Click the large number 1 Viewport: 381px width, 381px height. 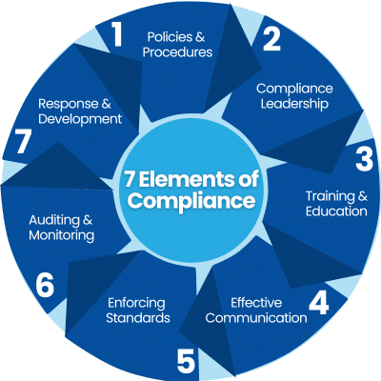pos(116,35)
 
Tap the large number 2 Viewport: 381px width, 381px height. pos(271,39)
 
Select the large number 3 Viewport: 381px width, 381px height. pos(364,159)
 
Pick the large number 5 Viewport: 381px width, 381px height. pos(186,361)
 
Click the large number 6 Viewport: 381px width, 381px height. pos(45,286)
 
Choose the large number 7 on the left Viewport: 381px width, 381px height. pos(23,142)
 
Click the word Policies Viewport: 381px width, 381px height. pos(170,37)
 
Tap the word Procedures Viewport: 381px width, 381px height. pos(177,52)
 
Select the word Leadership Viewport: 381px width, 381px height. pos(294,104)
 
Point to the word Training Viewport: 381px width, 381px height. pos(330,196)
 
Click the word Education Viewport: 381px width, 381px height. pos(336,211)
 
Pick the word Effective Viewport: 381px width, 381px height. pos(256,303)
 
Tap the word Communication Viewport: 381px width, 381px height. pos(256,318)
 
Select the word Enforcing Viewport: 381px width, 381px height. pos(136,303)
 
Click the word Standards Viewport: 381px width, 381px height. pos(138,318)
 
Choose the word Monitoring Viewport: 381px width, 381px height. pos(62,235)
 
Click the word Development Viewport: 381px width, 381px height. pos(80,119)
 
